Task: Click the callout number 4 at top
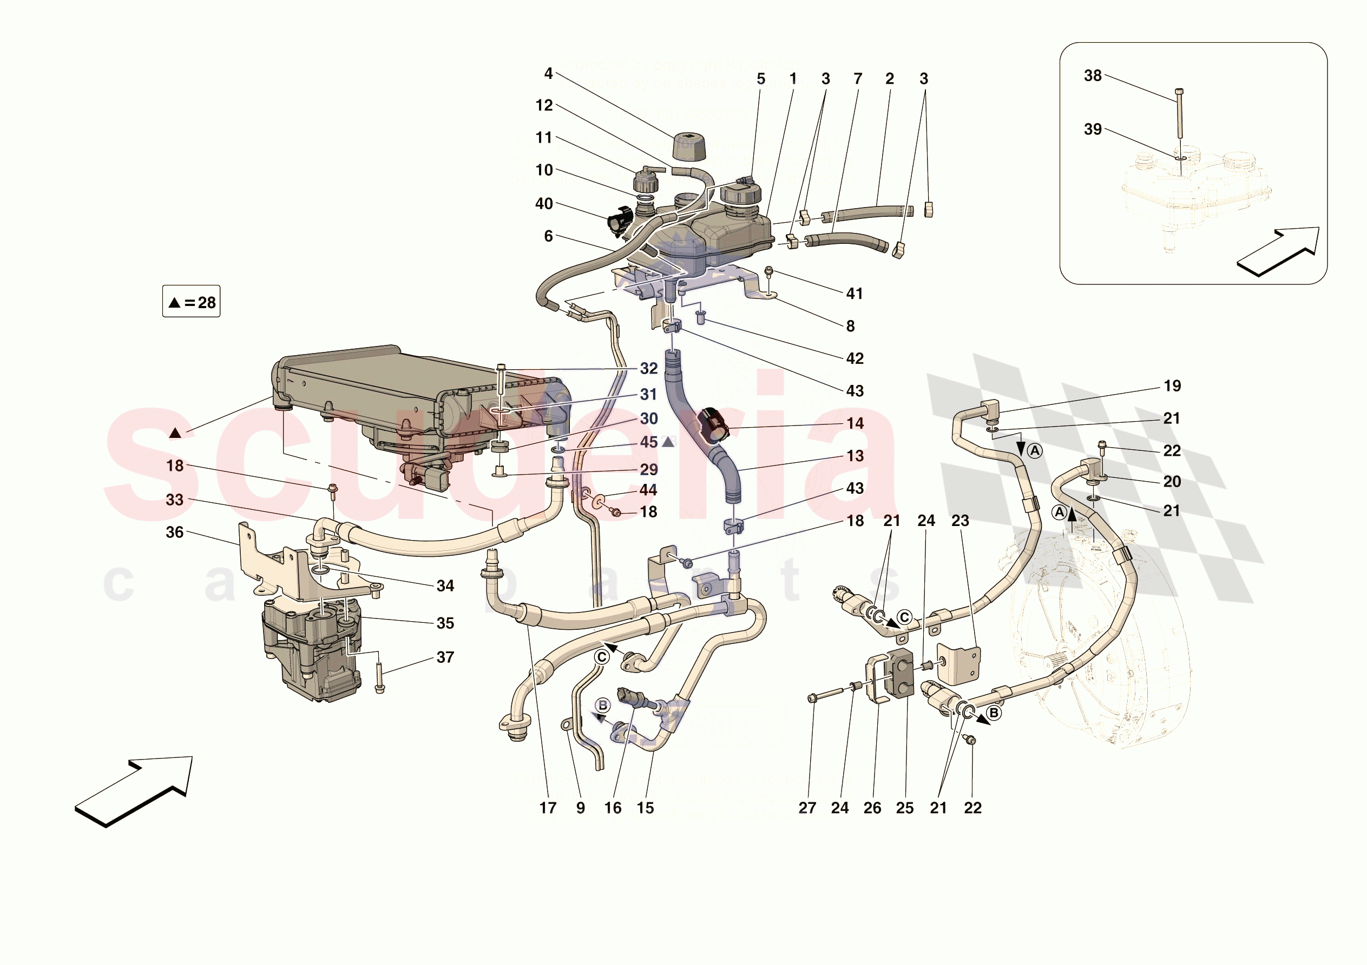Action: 548,74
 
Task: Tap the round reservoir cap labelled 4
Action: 688,147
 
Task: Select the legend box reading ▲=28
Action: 191,302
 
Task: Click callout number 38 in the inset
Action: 1092,76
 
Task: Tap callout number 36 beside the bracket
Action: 174,533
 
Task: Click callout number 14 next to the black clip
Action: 855,424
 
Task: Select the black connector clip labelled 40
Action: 620,221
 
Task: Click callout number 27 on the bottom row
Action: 807,808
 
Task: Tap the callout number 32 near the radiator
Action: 648,369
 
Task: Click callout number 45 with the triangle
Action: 648,443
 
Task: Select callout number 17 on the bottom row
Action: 547,808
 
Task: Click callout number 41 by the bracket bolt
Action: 855,294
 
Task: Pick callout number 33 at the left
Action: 174,500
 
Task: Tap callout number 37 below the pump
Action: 445,657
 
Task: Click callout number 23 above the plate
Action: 959,521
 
